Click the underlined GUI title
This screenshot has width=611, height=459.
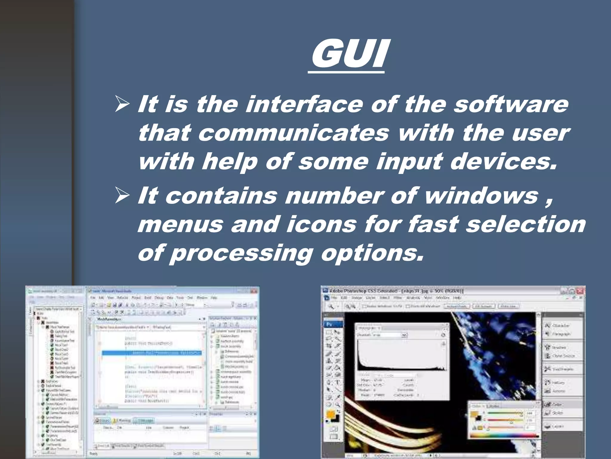tap(348, 54)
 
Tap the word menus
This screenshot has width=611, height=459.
tap(180, 224)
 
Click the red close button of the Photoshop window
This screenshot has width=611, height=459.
tap(580, 291)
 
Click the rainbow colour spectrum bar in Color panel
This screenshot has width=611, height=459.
tap(504, 435)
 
